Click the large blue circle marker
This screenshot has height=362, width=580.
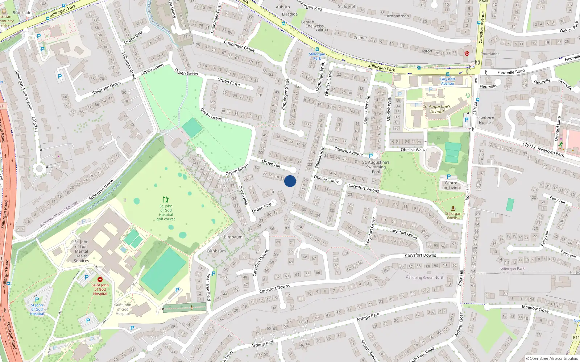(x=290, y=181)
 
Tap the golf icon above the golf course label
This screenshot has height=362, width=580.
(x=166, y=199)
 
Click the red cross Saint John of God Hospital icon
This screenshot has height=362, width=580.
(x=100, y=279)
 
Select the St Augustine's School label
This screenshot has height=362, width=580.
(x=437, y=109)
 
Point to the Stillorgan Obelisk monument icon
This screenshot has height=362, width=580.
(x=453, y=208)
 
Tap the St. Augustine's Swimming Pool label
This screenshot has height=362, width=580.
(x=376, y=167)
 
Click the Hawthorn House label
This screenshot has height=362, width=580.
(x=485, y=120)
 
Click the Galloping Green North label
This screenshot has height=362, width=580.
(x=425, y=278)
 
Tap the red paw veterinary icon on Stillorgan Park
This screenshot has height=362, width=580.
(x=467, y=53)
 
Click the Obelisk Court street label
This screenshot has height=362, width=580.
(x=326, y=179)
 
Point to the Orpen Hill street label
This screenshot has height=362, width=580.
(x=271, y=164)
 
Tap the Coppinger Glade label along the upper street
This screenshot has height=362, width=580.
(x=239, y=46)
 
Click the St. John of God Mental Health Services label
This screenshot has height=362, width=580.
(x=81, y=251)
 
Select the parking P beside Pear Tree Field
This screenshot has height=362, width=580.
(x=214, y=274)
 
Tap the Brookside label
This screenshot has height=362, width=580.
(x=22, y=13)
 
